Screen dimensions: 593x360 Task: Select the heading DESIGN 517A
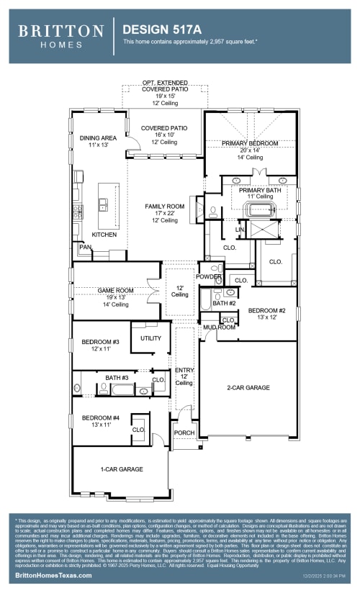tap(156, 30)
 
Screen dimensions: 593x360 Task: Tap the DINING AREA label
tap(98, 137)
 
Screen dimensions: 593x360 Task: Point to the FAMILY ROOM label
tap(164, 207)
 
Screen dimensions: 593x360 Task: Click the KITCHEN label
tap(104, 235)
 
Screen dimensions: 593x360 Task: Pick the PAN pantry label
tap(85, 247)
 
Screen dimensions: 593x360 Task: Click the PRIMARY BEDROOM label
tap(249, 143)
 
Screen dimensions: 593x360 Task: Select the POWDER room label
tap(208, 276)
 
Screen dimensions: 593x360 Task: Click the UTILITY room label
tap(150, 338)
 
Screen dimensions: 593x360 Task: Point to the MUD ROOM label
tap(219, 327)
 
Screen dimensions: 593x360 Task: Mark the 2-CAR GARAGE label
tap(248, 388)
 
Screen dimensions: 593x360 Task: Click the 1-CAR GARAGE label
tap(121, 469)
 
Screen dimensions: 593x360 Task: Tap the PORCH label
tap(184, 433)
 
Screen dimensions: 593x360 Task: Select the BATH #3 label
tap(117, 378)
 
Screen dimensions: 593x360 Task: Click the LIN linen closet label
tap(240, 230)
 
